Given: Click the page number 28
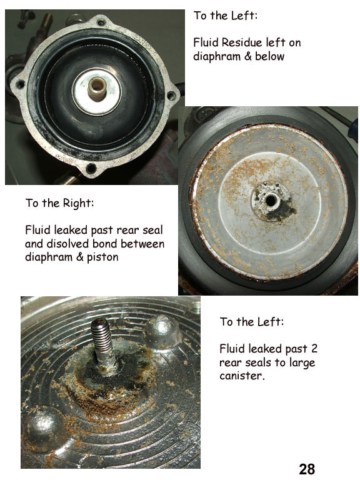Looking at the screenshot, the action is [307, 469].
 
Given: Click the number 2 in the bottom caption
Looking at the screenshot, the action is [314, 349].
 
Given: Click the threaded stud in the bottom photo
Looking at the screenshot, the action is [102, 345].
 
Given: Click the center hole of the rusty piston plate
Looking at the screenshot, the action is [271, 200].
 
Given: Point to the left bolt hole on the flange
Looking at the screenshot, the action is [21, 84].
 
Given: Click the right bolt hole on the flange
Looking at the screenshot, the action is [171, 96].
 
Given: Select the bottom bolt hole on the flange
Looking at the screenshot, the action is [91, 168].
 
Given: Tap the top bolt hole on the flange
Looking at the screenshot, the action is [101, 22].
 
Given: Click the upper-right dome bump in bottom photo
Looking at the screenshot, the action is [162, 331].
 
